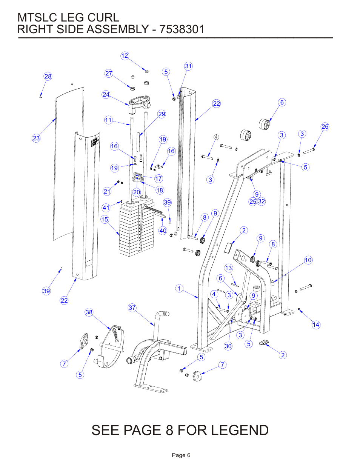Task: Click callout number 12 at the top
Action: point(125,56)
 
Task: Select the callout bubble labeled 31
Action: point(188,66)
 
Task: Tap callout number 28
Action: point(48,76)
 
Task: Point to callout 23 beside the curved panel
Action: point(36,138)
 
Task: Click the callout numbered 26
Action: point(325,126)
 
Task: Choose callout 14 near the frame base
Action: point(316,325)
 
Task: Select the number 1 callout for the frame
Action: point(179,288)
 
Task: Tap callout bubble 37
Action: point(132,308)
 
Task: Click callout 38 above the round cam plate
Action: point(89,312)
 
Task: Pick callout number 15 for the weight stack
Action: point(105,219)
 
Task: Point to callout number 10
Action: point(308,260)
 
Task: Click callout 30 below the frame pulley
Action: point(228,346)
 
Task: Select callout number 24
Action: point(106,94)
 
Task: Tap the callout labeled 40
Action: point(163,231)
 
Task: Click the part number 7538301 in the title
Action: point(182,29)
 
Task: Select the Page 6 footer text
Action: point(181,455)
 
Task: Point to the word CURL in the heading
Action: point(103,17)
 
